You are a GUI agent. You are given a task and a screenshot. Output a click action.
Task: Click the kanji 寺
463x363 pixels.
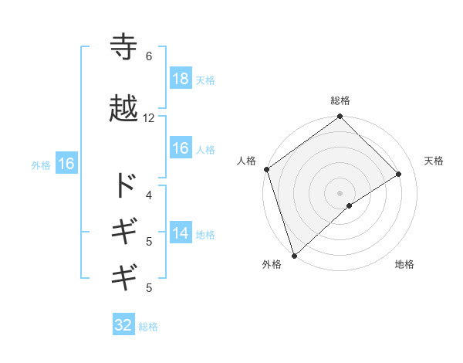click(124, 47)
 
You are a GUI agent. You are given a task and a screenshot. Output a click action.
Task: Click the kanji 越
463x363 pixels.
click(124, 109)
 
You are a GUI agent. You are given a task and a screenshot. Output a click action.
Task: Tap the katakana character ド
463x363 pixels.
click(124, 185)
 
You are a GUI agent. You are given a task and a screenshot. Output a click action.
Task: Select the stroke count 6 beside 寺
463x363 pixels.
click(148, 56)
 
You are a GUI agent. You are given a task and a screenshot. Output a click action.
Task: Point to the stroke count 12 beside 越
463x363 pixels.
click(149, 118)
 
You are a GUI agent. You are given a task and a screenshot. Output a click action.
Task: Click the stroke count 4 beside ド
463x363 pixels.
click(149, 195)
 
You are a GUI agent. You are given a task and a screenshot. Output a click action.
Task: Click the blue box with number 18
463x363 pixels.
click(180, 79)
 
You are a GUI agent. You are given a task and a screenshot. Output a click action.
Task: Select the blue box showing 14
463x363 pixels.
click(180, 234)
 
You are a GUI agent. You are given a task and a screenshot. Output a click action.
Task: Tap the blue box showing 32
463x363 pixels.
click(123, 325)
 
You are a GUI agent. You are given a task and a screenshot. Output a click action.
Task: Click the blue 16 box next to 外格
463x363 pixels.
click(66, 164)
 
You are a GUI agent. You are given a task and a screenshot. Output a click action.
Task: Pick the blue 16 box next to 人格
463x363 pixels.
click(180, 149)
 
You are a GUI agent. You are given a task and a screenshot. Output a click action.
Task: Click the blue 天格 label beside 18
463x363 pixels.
click(205, 80)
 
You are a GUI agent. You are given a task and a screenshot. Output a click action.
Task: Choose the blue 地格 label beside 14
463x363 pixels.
click(205, 235)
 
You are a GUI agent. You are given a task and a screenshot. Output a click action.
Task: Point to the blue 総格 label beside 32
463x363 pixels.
click(148, 326)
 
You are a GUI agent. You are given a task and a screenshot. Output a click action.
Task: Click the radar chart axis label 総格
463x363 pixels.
click(340, 100)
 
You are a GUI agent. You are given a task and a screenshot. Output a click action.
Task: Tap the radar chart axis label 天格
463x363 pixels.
click(434, 161)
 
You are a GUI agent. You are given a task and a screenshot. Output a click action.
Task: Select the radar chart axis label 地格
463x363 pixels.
click(404, 264)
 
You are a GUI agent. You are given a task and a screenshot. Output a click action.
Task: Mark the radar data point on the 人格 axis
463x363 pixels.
click(266, 169)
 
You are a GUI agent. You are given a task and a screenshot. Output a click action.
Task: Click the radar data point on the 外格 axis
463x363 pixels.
click(294, 254)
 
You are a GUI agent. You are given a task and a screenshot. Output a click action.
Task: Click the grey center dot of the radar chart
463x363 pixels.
click(340, 192)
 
